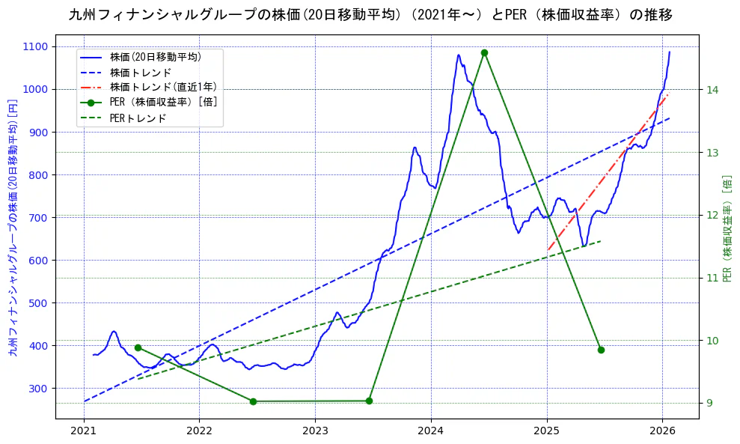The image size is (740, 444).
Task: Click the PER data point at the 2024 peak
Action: point(484,52)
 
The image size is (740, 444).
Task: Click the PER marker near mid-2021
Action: point(138,347)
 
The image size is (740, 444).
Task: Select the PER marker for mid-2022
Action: point(253,401)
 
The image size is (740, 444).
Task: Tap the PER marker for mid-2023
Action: point(369,401)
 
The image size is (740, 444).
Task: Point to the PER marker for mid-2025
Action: point(601,350)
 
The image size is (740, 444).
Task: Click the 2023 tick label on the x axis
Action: point(315,433)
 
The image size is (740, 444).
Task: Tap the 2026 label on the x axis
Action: point(662,433)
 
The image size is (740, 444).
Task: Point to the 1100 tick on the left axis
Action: point(35,46)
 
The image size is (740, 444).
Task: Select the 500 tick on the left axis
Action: point(37,302)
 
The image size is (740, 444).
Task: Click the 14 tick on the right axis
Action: point(712,90)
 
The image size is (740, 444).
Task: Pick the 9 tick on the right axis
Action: point(709,403)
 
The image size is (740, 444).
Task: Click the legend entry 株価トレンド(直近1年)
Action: point(163,88)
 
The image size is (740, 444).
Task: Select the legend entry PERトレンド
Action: point(138,118)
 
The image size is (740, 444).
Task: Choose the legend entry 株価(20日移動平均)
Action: point(155,56)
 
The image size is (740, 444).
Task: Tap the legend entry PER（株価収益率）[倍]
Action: point(163,103)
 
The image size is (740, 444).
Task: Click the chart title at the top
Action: point(370,15)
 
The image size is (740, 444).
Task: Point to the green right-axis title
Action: point(726,228)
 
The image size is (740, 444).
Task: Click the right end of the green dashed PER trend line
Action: point(601,241)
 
